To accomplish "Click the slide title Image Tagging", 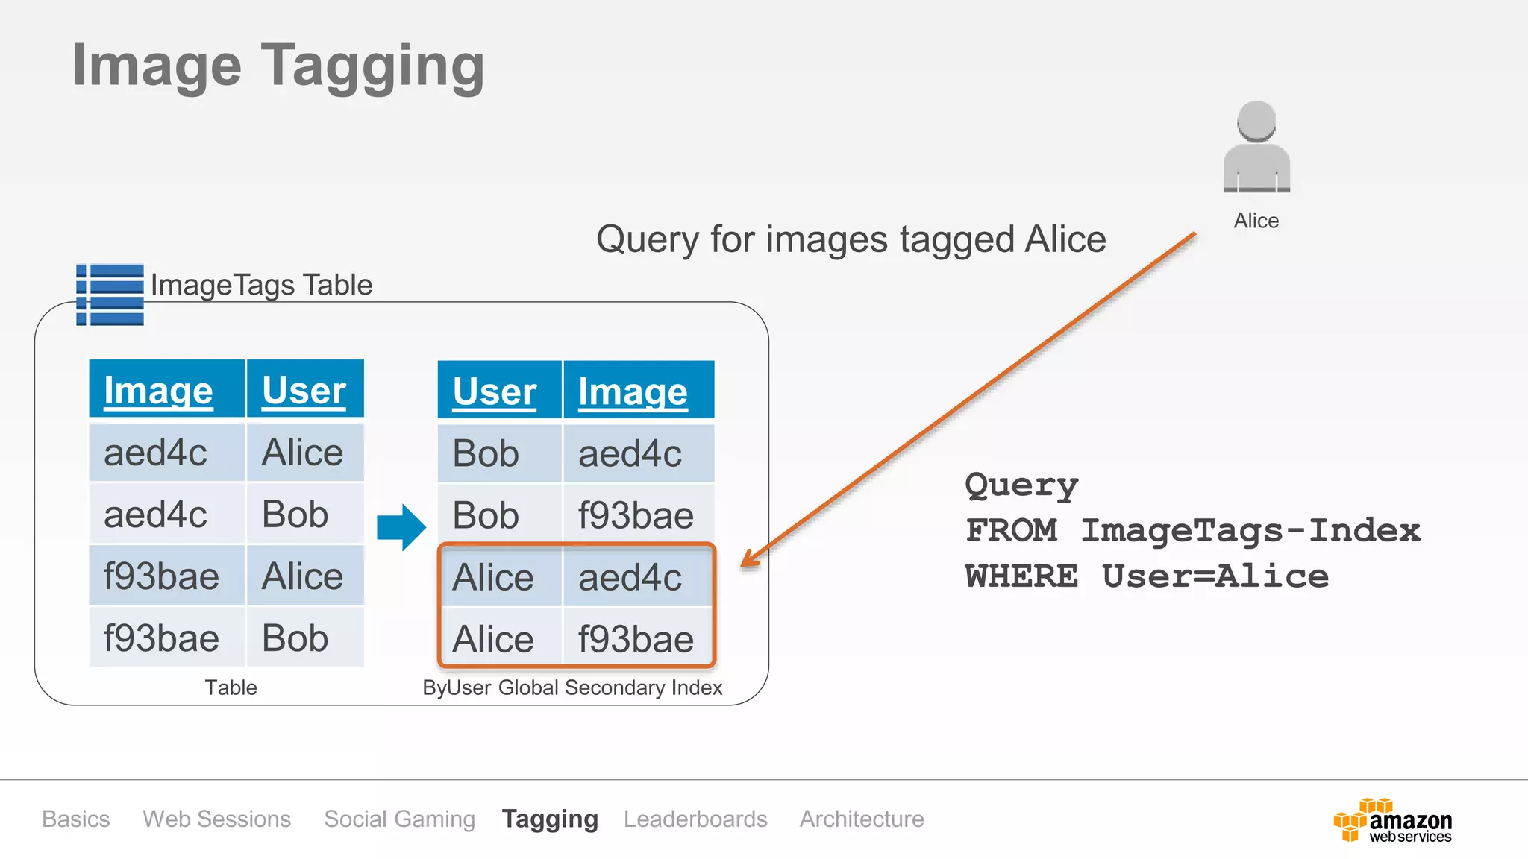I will (x=278, y=66).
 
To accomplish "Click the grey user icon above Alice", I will (x=1256, y=148).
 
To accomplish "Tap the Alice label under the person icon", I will (x=1256, y=221).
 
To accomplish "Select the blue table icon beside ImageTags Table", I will (x=110, y=295).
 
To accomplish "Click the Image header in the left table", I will (x=158, y=390).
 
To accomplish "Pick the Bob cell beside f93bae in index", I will (x=486, y=515).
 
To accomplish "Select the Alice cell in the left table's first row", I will (x=302, y=453).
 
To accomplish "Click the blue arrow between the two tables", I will (x=401, y=527).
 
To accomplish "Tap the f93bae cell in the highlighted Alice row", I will (x=636, y=639).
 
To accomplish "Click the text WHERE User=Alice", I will (x=1146, y=576).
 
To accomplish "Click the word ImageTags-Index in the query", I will (x=1250, y=530).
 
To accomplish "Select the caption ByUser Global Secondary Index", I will (x=572, y=687).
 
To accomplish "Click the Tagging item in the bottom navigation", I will (x=550, y=819).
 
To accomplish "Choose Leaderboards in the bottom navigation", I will (x=695, y=819).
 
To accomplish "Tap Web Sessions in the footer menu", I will (x=216, y=819).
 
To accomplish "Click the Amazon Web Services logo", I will (x=1392, y=821).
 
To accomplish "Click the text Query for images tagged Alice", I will (x=851, y=239).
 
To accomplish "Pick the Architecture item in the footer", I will (x=862, y=819).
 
